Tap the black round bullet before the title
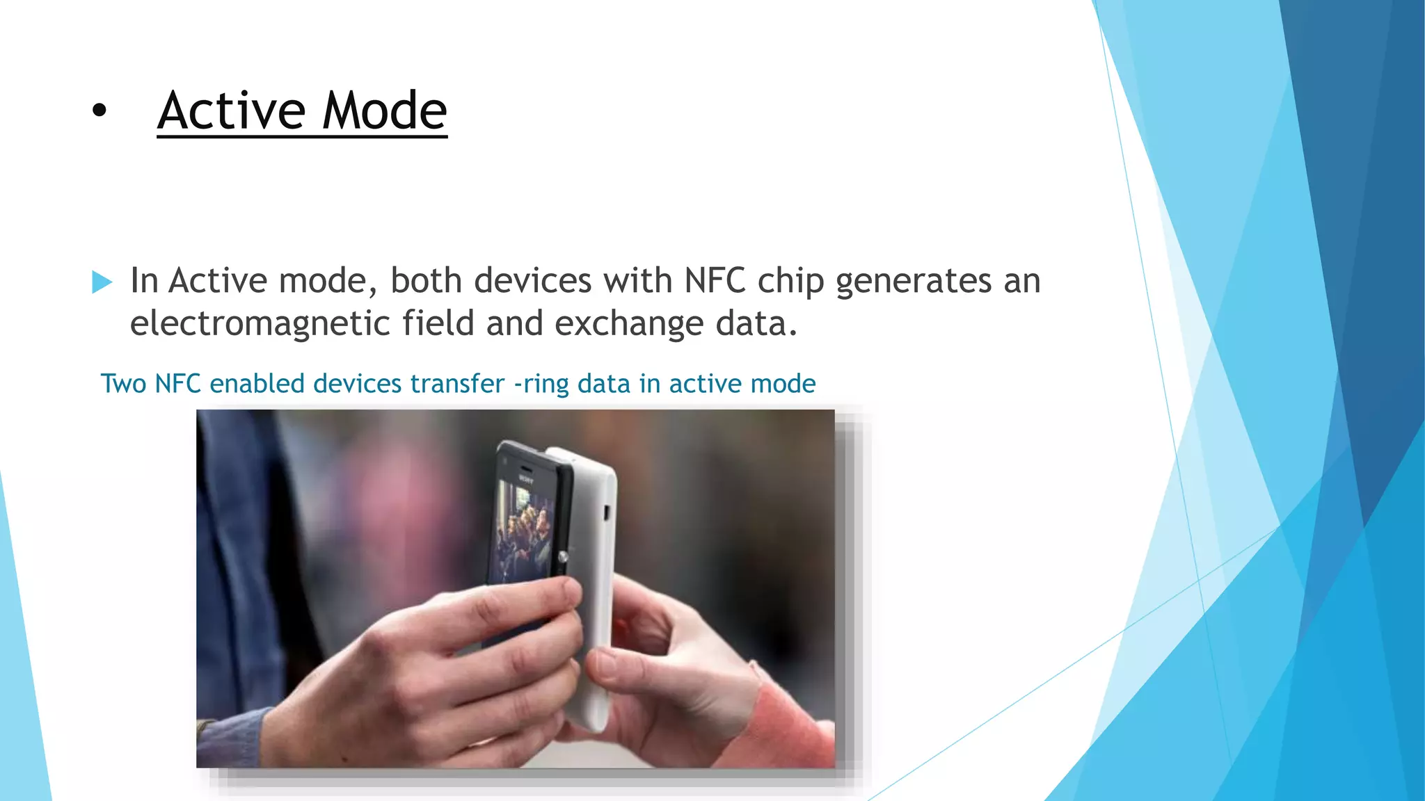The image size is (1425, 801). [x=99, y=110]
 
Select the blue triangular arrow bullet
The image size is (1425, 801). [x=102, y=282]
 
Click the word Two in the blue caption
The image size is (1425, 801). [x=123, y=384]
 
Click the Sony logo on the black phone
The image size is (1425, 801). [x=525, y=479]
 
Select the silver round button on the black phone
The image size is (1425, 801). [x=562, y=556]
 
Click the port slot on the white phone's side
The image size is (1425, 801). [x=605, y=512]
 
